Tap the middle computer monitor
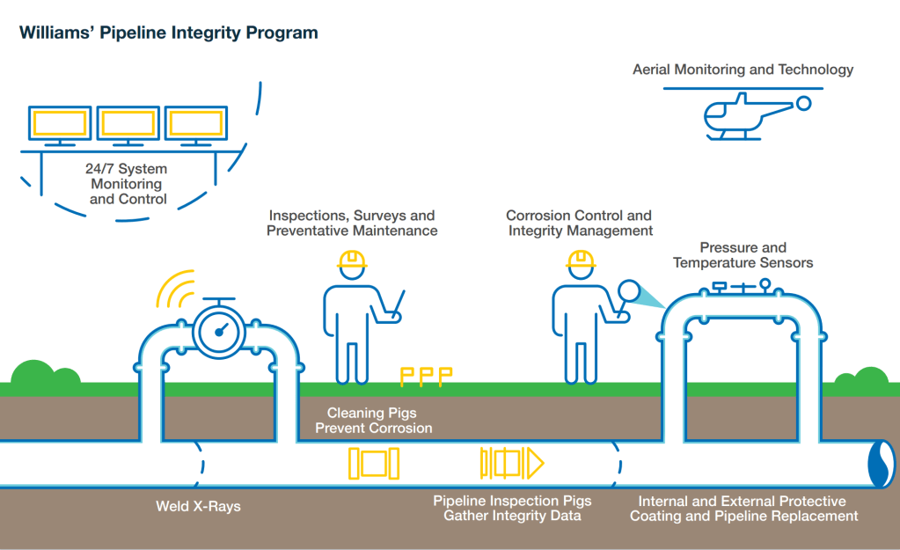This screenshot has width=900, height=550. point(128,123)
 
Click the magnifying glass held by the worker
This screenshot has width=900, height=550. point(627,290)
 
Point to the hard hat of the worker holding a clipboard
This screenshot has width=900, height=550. point(352,260)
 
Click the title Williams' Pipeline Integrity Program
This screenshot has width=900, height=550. point(168,33)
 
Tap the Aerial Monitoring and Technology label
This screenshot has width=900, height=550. point(743,70)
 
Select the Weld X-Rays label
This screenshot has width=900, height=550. point(198,506)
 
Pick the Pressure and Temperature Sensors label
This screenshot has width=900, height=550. point(743,255)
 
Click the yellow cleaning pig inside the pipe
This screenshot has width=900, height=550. point(374,463)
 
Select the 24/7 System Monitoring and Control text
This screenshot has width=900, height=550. point(128,183)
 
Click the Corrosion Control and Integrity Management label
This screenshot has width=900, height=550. point(579,223)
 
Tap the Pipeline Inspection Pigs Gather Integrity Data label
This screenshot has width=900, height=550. point(512,508)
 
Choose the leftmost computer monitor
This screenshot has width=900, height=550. point(59,123)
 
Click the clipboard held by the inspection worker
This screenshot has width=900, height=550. point(395,303)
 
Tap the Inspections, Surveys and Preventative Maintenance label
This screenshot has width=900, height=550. point(353,223)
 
